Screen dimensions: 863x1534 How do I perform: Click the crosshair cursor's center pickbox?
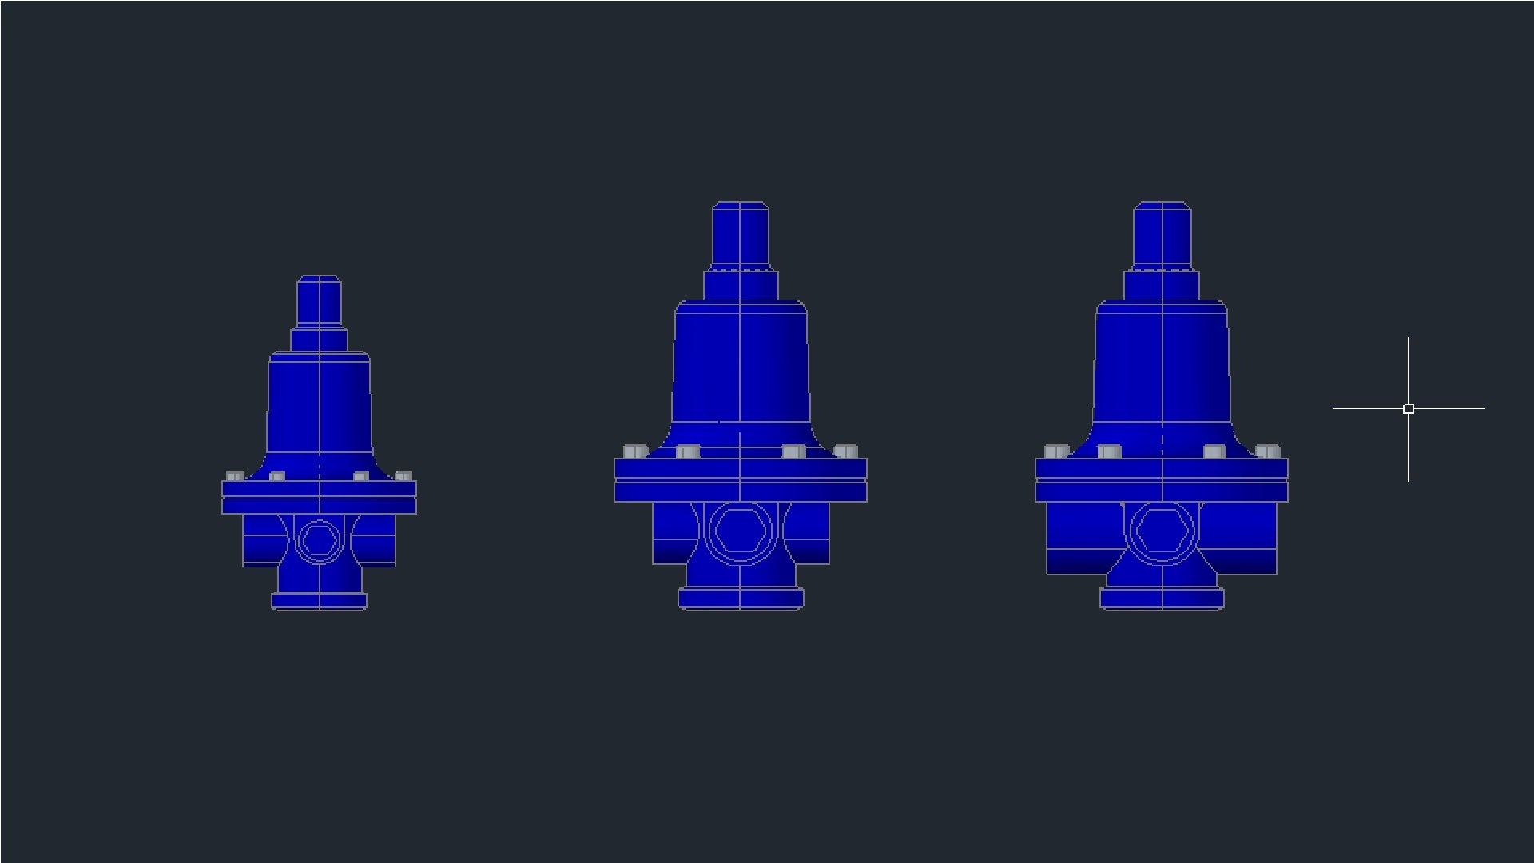pyautogui.click(x=1409, y=408)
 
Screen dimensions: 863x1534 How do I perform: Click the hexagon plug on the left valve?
pyautogui.click(x=320, y=539)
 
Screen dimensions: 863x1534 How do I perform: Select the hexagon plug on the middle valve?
pyautogui.click(x=741, y=531)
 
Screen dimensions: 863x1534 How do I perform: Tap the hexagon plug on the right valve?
pyautogui.click(x=1162, y=531)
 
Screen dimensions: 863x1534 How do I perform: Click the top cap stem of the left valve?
pyautogui.click(x=320, y=301)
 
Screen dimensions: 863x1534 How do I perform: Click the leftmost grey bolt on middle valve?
pyautogui.click(x=635, y=451)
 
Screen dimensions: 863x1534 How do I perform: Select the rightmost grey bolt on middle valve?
pyautogui.click(x=846, y=451)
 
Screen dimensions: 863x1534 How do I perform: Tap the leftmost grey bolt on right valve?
pyautogui.click(x=1056, y=451)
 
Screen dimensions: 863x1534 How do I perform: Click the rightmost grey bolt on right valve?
pyautogui.click(x=1267, y=451)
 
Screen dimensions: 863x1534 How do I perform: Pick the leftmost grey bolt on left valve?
pyautogui.click(x=234, y=476)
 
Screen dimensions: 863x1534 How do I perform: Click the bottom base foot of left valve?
pyautogui.click(x=320, y=601)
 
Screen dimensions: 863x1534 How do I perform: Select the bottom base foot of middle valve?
pyautogui.click(x=741, y=599)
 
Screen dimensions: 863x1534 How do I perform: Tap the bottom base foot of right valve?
pyautogui.click(x=1162, y=599)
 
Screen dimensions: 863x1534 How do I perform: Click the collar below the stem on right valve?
pyautogui.click(x=1162, y=285)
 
